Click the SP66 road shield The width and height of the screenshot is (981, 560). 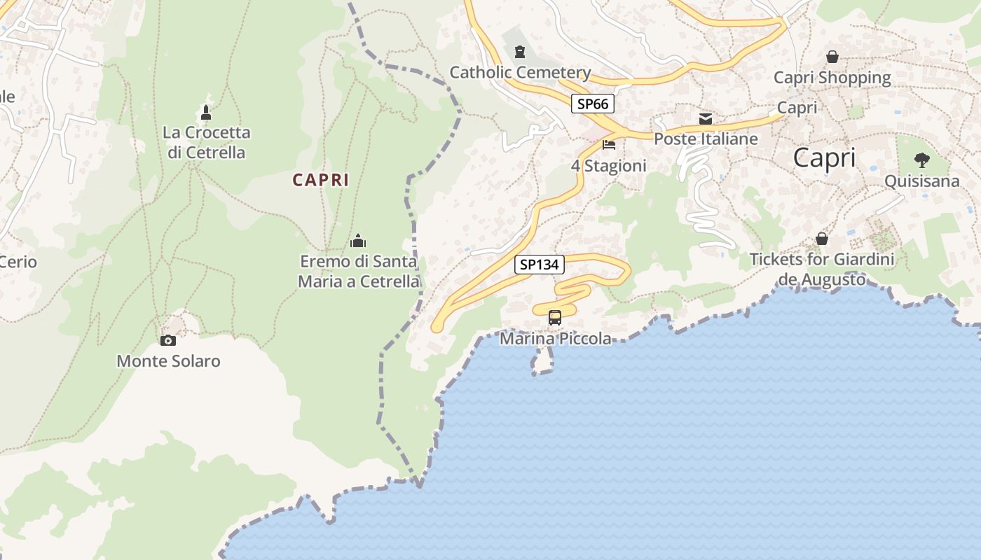coord(592,104)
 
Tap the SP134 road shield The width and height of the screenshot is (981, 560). coord(540,265)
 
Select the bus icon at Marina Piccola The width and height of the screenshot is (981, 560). coord(555,318)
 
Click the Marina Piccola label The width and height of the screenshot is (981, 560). coord(555,339)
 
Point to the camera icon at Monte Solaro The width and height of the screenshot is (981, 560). coord(167,341)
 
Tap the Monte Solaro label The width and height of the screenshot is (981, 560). coord(168,361)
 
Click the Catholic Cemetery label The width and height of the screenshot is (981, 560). coord(520,72)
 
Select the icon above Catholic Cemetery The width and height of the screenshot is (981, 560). coord(520,52)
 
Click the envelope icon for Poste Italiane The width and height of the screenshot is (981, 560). coord(706,119)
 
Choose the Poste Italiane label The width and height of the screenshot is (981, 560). coord(706,139)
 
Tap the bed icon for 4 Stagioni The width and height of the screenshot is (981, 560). coord(609,145)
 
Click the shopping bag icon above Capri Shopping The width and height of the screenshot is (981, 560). coord(832,57)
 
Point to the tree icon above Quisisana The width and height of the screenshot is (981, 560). coord(922,160)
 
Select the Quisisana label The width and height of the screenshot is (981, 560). coord(921,181)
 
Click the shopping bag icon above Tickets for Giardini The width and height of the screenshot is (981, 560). coord(822,239)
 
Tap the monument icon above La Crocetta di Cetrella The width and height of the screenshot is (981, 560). coord(206,112)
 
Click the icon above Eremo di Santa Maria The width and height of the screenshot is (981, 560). coord(358,241)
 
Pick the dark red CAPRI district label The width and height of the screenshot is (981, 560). coord(320,180)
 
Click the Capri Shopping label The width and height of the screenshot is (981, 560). coord(832,78)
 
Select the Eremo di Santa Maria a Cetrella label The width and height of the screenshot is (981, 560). coord(359,272)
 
